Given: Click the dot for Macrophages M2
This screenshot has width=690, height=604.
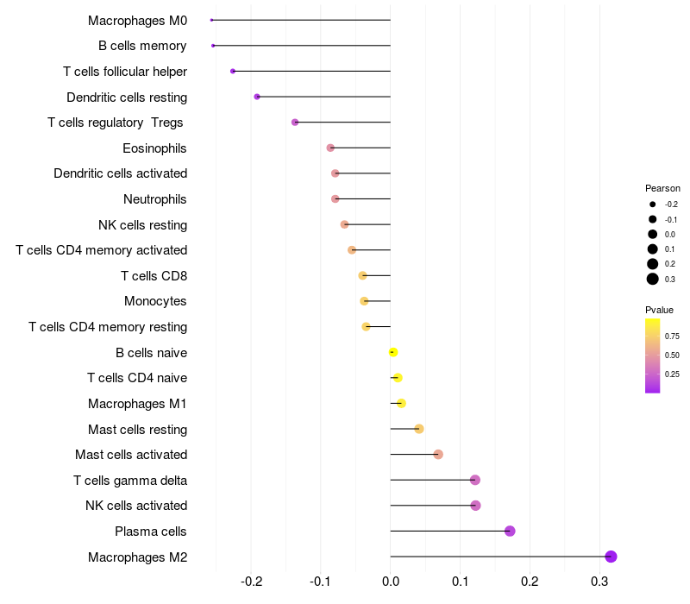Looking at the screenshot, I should [x=611, y=557].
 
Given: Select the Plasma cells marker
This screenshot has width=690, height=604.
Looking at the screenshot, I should [x=510, y=531].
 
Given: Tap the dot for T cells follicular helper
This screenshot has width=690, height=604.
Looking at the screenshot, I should [x=233, y=71].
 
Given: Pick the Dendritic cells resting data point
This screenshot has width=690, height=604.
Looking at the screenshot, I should [x=257, y=97].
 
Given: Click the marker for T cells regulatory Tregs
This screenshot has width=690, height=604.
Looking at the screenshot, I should [x=295, y=123].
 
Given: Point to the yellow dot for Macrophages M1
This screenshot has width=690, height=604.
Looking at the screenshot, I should [x=401, y=403].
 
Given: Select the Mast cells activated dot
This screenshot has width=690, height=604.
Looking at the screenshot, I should [x=438, y=455].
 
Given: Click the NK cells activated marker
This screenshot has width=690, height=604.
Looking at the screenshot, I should [x=475, y=506].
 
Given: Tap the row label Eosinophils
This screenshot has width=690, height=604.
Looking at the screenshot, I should [x=154, y=148].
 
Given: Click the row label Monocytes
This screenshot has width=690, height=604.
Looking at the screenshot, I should [x=155, y=301].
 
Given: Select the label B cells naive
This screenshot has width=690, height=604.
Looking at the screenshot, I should [x=151, y=352].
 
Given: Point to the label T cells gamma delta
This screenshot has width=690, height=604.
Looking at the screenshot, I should [x=130, y=480].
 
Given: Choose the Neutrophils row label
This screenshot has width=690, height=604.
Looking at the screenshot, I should [x=155, y=199].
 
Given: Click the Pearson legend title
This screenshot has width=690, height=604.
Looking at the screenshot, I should [x=662, y=188].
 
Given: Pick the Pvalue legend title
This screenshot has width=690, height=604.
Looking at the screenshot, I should [x=659, y=310].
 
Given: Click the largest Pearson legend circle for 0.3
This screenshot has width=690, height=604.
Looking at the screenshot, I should [x=653, y=279].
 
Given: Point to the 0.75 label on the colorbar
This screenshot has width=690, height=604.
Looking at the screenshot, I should [x=672, y=336].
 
